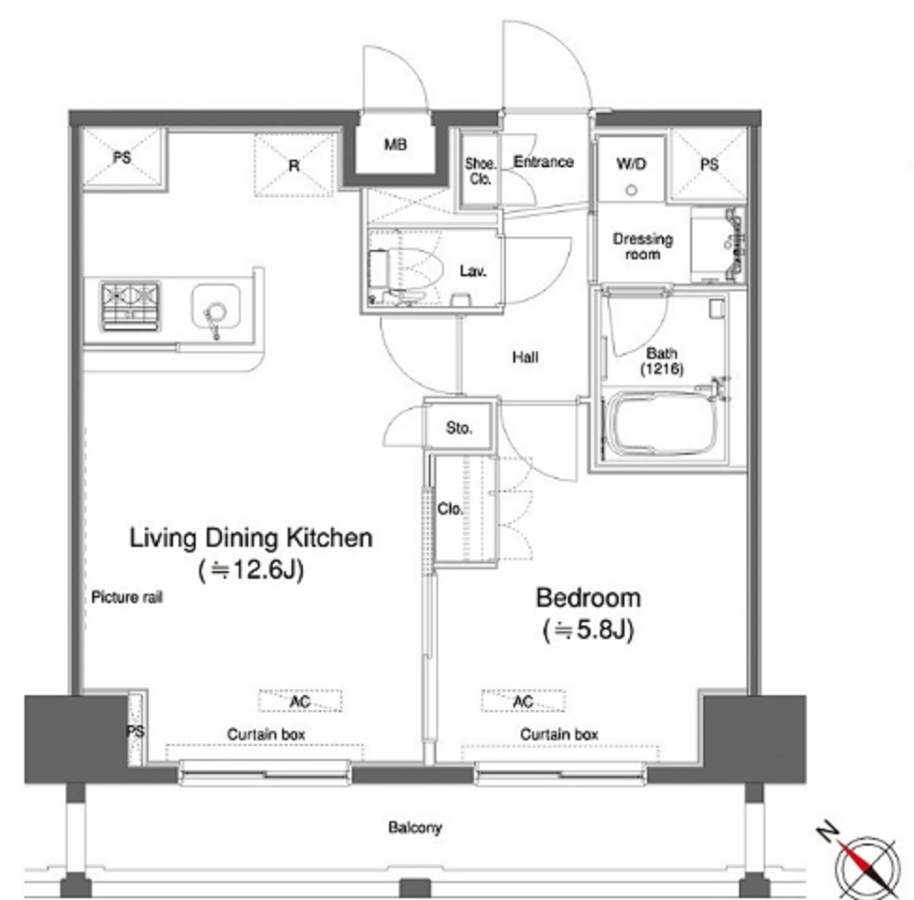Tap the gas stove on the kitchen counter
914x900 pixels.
(131, 306)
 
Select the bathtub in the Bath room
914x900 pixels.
(662, 423)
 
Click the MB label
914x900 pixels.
(395, 144)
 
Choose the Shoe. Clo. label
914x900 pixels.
(481, 171)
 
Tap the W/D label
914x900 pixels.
(631, 164)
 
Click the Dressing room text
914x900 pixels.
(642, 246)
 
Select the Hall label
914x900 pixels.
(526, 357)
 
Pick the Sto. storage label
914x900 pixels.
(459, 428)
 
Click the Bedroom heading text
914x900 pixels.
(588, 598)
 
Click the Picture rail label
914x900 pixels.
(127, 597)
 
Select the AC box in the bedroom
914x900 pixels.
(523, 701)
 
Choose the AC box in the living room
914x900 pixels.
(300, 701)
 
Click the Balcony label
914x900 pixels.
(415, 827)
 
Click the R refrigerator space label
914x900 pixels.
(293, 166)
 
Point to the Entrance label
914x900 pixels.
(544, 162)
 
